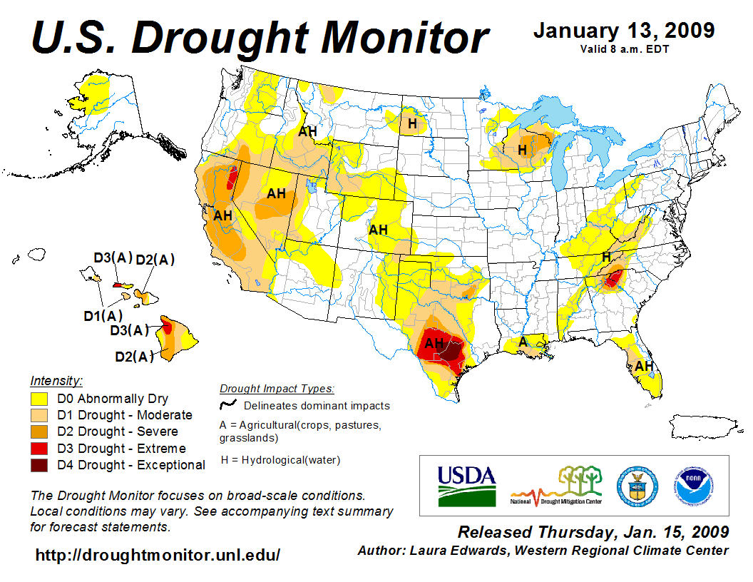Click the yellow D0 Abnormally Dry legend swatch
pos(39,399)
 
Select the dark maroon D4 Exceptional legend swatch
pos(39,465)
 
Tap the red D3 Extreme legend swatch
pos(39,449)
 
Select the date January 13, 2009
pos(624,31)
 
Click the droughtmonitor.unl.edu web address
pos(158,554)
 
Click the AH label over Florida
pos(644,366)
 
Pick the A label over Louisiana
pos(523,342)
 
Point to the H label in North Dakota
pos(411,124)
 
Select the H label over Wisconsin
pos(522,150)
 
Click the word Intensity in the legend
pos(56,380)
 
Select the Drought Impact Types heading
pos(277,389)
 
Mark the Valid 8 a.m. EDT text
pos(624,49)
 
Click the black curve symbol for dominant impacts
pos(228,405)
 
